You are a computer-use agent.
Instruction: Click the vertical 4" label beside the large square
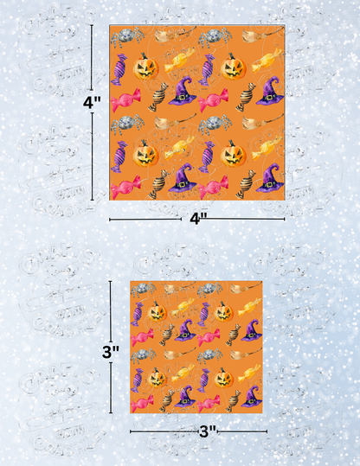coord(92,101)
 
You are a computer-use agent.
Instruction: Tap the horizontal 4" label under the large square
coord(197,220)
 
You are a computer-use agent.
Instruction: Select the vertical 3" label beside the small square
coord(110,351)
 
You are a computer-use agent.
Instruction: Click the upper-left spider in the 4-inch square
coord(126,36)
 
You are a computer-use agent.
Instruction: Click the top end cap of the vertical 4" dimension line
coord(93,27)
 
